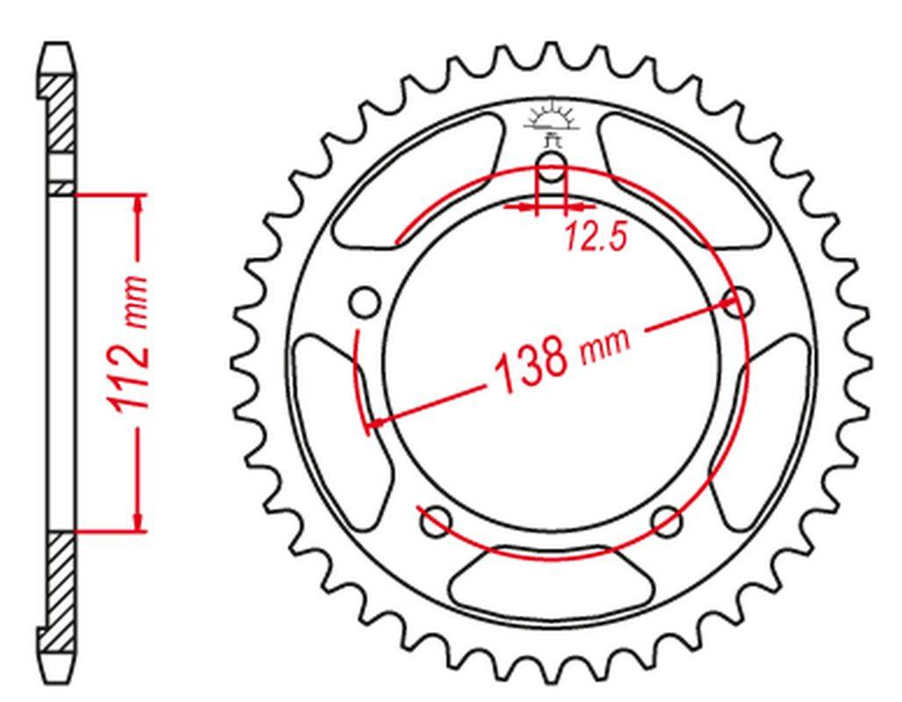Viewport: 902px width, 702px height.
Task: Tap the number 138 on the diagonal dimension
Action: point(532,365)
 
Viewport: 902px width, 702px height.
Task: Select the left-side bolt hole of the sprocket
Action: point(365,302)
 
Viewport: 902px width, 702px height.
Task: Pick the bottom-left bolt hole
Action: point(437,521)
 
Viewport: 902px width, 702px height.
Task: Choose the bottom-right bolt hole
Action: point(667,521)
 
